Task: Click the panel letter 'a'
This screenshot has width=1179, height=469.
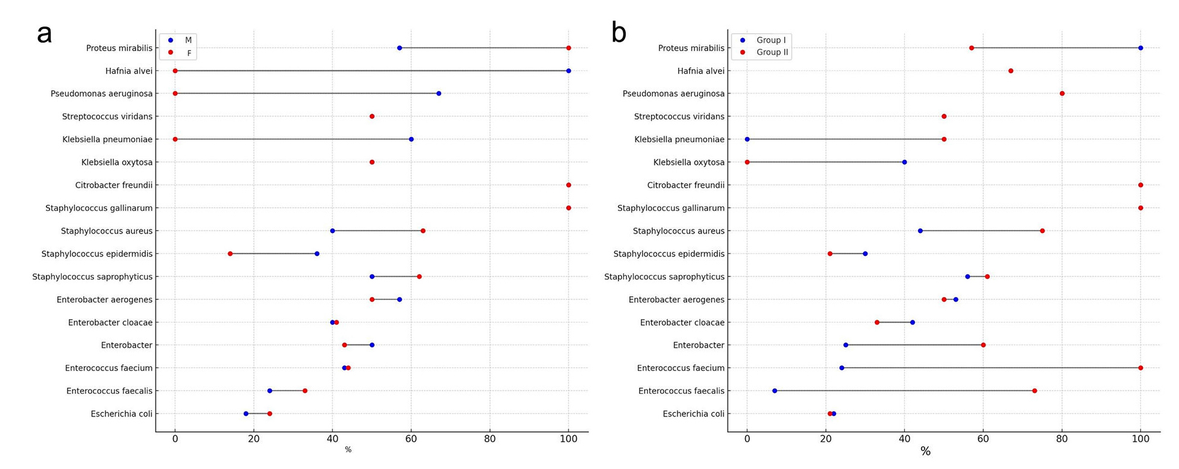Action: (44, 34)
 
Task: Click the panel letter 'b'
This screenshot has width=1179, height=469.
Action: (618, 33)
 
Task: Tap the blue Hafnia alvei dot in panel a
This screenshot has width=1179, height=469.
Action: (568, 71)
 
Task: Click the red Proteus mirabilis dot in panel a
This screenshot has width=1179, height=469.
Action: (568, 48)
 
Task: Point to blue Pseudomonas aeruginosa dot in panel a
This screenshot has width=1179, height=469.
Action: (439, 94)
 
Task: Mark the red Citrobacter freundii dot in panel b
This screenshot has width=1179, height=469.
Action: (1140, 185)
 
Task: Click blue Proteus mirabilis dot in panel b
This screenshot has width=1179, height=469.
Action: (1140, 48)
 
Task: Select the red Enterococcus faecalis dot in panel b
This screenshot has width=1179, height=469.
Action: (1034, 391)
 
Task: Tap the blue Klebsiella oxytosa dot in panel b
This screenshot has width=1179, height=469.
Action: (904, 163)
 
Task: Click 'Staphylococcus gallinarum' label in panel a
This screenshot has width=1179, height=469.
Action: (99, 208)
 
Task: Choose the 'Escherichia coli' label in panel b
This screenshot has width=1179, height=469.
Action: (693, 414)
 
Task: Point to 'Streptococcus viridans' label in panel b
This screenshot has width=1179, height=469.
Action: (679, 117)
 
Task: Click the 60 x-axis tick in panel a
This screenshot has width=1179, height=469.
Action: (411, 439)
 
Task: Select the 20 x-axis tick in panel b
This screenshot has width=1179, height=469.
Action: (826, 439)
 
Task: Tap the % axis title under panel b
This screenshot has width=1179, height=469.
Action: (925, 452)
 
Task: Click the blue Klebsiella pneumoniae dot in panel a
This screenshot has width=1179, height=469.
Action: (411, 140)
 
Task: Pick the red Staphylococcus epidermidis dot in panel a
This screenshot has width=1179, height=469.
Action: (230, 254)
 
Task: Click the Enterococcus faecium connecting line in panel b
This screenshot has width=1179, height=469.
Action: (989, 368)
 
